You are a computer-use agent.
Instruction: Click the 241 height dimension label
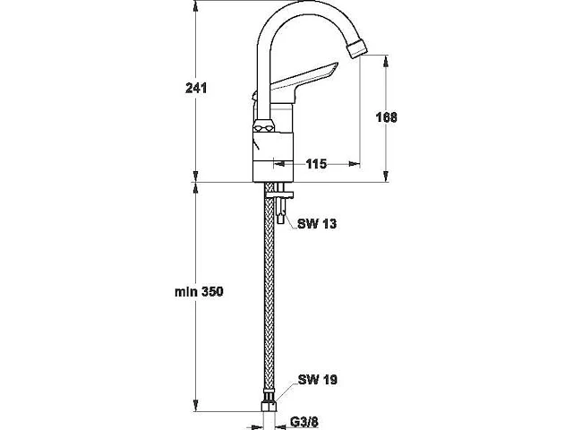coord(196,88)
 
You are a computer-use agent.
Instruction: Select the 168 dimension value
coord(386,117)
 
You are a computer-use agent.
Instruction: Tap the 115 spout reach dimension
coord(316,164)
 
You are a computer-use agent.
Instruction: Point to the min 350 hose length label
coord(199,292)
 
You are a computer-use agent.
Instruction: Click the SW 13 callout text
coord(317,224)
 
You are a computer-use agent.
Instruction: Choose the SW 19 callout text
coord(318,380)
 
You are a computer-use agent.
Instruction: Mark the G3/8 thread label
coord(304,422)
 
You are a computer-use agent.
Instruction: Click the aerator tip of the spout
coord(356,48)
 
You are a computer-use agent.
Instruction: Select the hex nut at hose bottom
coord(269,406)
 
